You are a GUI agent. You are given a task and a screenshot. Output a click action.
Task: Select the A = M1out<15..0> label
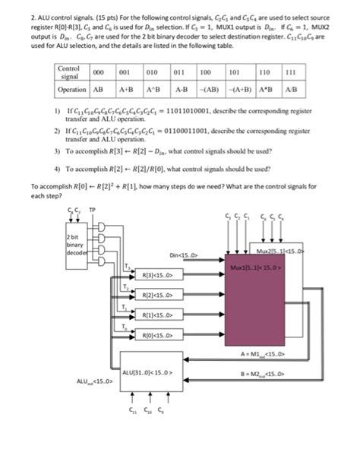click(263, 353)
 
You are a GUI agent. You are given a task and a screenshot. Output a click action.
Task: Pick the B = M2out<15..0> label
click(263, 373)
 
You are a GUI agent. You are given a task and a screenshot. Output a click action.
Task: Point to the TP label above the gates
click(93, 210)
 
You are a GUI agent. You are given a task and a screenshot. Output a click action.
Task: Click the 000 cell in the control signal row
click(98, 74)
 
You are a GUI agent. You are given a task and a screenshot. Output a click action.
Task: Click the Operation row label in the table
click(73, 89)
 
